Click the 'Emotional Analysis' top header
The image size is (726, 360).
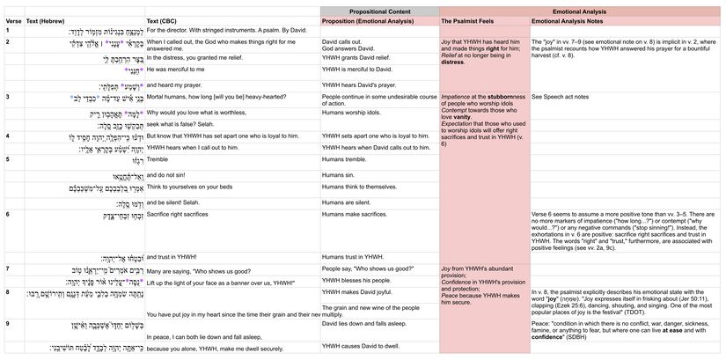[582, 8]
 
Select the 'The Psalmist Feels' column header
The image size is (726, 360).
[466, 19]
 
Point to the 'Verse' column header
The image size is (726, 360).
[12, 19]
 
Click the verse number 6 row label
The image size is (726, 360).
[7, 214]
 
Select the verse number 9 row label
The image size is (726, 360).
[7, 324]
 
